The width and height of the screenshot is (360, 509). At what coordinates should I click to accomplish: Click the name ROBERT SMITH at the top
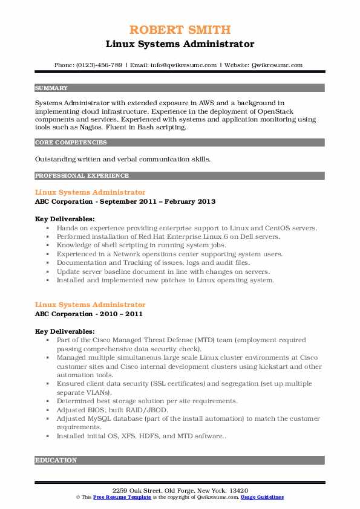[180, 30]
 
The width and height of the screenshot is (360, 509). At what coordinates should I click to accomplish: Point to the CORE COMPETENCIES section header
[71, 143]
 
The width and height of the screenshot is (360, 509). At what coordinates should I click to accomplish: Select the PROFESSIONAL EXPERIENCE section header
[82, 176]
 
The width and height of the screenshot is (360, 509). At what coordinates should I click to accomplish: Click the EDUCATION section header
[56, 460]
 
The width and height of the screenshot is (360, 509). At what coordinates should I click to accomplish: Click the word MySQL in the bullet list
[99, 418]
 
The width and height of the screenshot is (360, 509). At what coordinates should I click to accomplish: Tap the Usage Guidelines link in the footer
[262, 497]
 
